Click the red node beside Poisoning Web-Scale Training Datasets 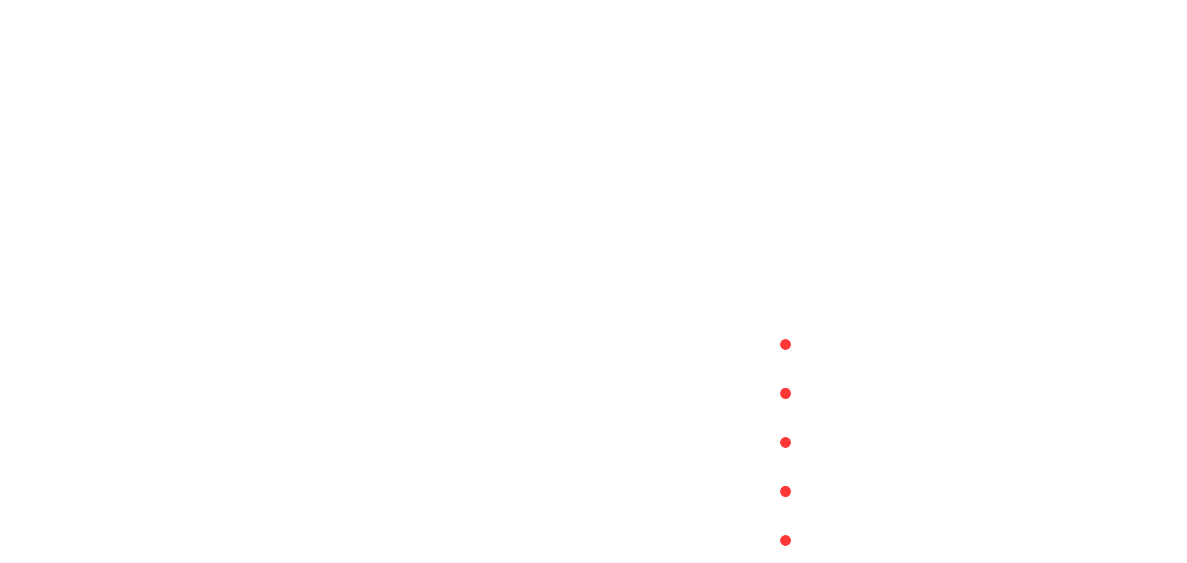pos(785,345)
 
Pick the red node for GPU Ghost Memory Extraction pos(785,393)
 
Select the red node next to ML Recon pos(785,442)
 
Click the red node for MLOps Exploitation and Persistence pos(785,491)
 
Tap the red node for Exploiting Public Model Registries pos(785,540)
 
